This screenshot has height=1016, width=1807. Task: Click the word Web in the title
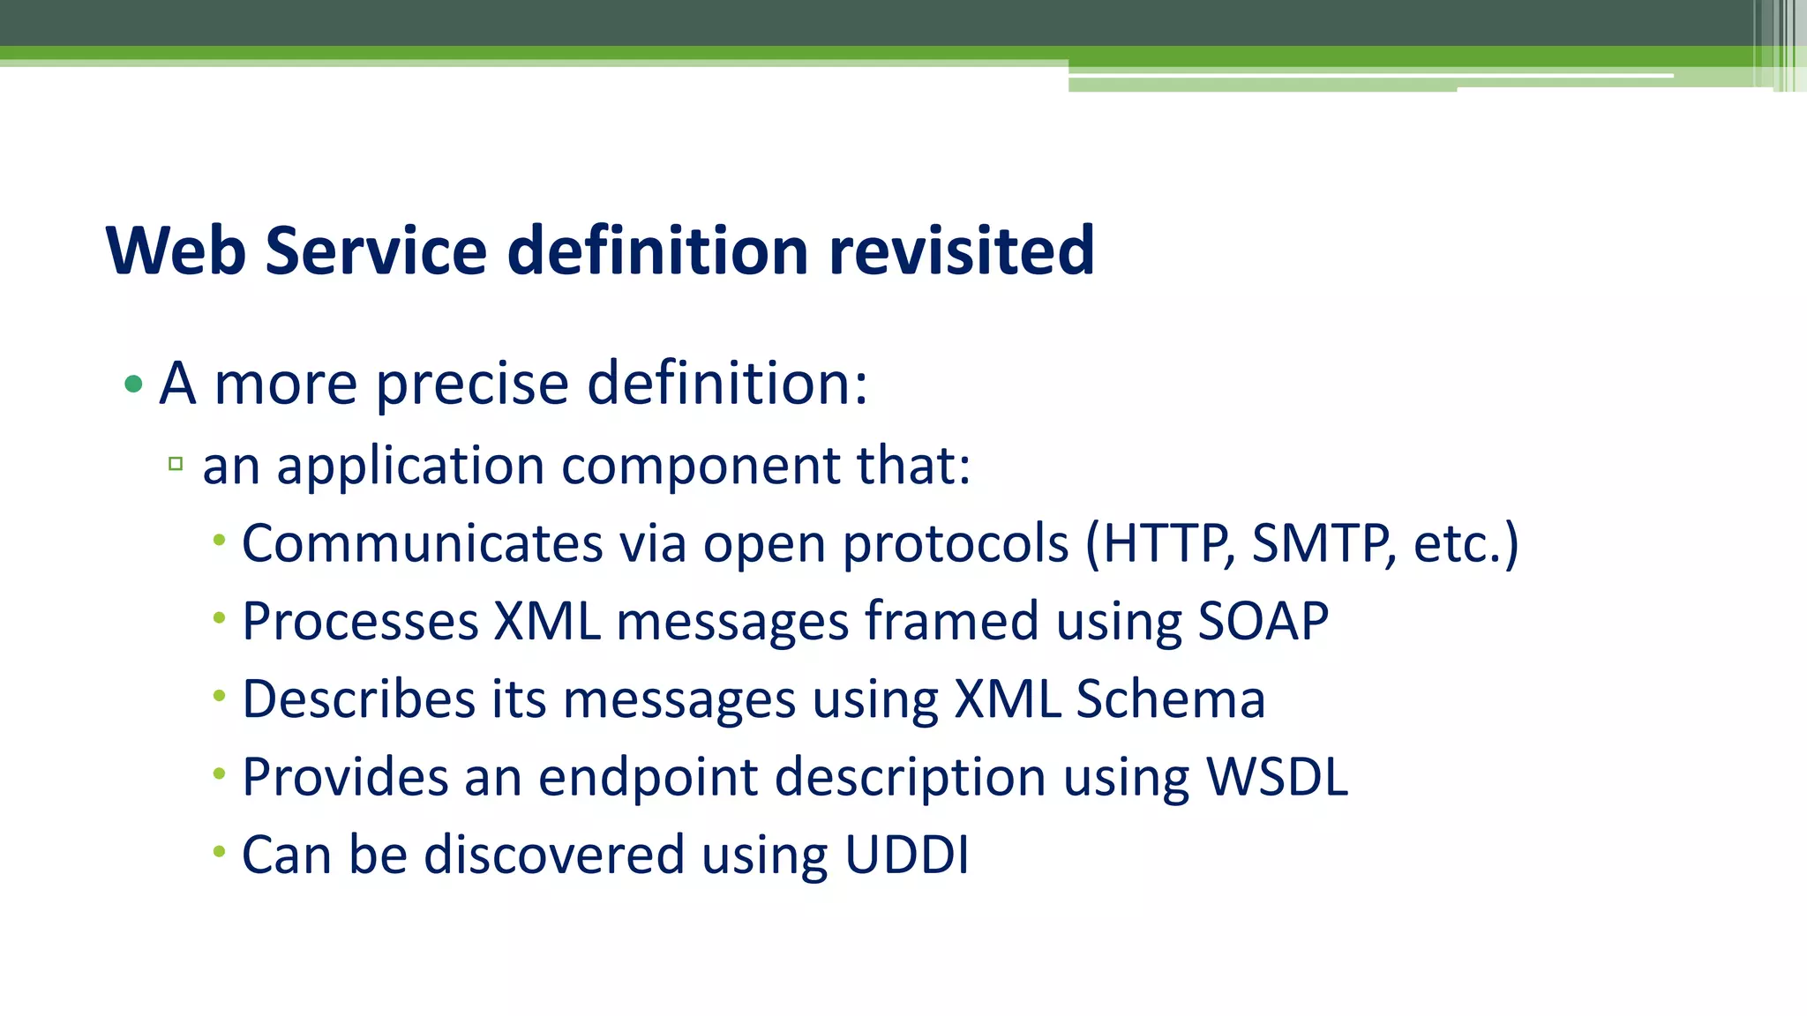click(x=176, y=251)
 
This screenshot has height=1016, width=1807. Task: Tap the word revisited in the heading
click(x=961, y=251)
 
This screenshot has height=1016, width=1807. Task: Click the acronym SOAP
click(x=1263, y=622)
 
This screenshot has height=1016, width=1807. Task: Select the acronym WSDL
click(x=1277, y=778)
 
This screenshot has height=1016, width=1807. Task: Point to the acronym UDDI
click(x=906, y=855)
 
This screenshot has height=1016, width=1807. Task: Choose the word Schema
click(x=1170, y=700)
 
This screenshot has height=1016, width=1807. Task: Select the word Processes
click(x=360, y=622)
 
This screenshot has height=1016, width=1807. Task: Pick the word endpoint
click(x=648, y=778)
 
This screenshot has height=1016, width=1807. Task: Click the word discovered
click(x=553, y=855)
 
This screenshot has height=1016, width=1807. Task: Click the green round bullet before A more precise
click(x=133, y=384)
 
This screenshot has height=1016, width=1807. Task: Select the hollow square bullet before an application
click(x=176, y=464)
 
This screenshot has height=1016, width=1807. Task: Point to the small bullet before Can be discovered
click(x=219, y=851)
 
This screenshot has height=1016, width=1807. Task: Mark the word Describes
click(x=358, y=700)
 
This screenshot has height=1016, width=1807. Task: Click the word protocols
click(x=956, y=544)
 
